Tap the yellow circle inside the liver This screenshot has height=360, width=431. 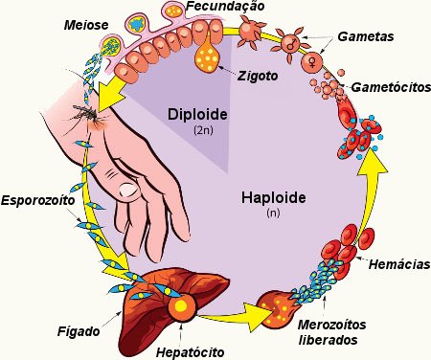point(179,305)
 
